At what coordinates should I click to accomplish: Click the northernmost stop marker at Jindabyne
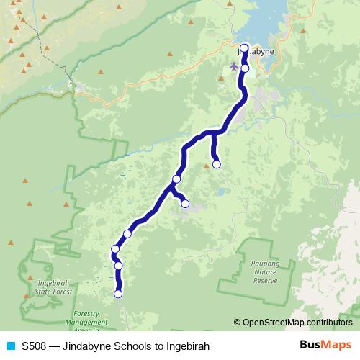pyautogui.click(x=244, y=48)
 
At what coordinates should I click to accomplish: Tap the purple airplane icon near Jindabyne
pyautogui.click(x=233, y=66)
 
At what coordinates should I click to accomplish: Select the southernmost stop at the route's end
pyautogui.click(x=118, y=293)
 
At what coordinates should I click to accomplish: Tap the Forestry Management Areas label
pyautogui.click(x=91, y=322)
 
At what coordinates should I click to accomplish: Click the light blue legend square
pyautogui.click(x=11, y=346)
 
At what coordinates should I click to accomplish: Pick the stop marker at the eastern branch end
pyautogui.click(x=217, y=164)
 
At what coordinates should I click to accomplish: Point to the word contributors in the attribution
pyautogui.click(x=328, y=323)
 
